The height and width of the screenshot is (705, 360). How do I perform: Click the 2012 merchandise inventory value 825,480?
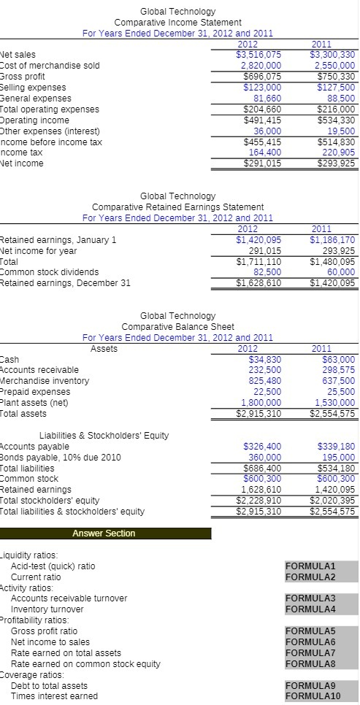click(262, 381)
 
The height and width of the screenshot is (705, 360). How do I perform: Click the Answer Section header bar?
click(104, 533)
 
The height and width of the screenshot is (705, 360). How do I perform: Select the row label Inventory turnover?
click(47, 609)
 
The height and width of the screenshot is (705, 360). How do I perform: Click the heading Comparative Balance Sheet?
click(177, 326)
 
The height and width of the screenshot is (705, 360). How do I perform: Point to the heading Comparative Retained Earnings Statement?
click(177, 207)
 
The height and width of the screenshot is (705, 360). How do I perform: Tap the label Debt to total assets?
click(49, 685)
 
